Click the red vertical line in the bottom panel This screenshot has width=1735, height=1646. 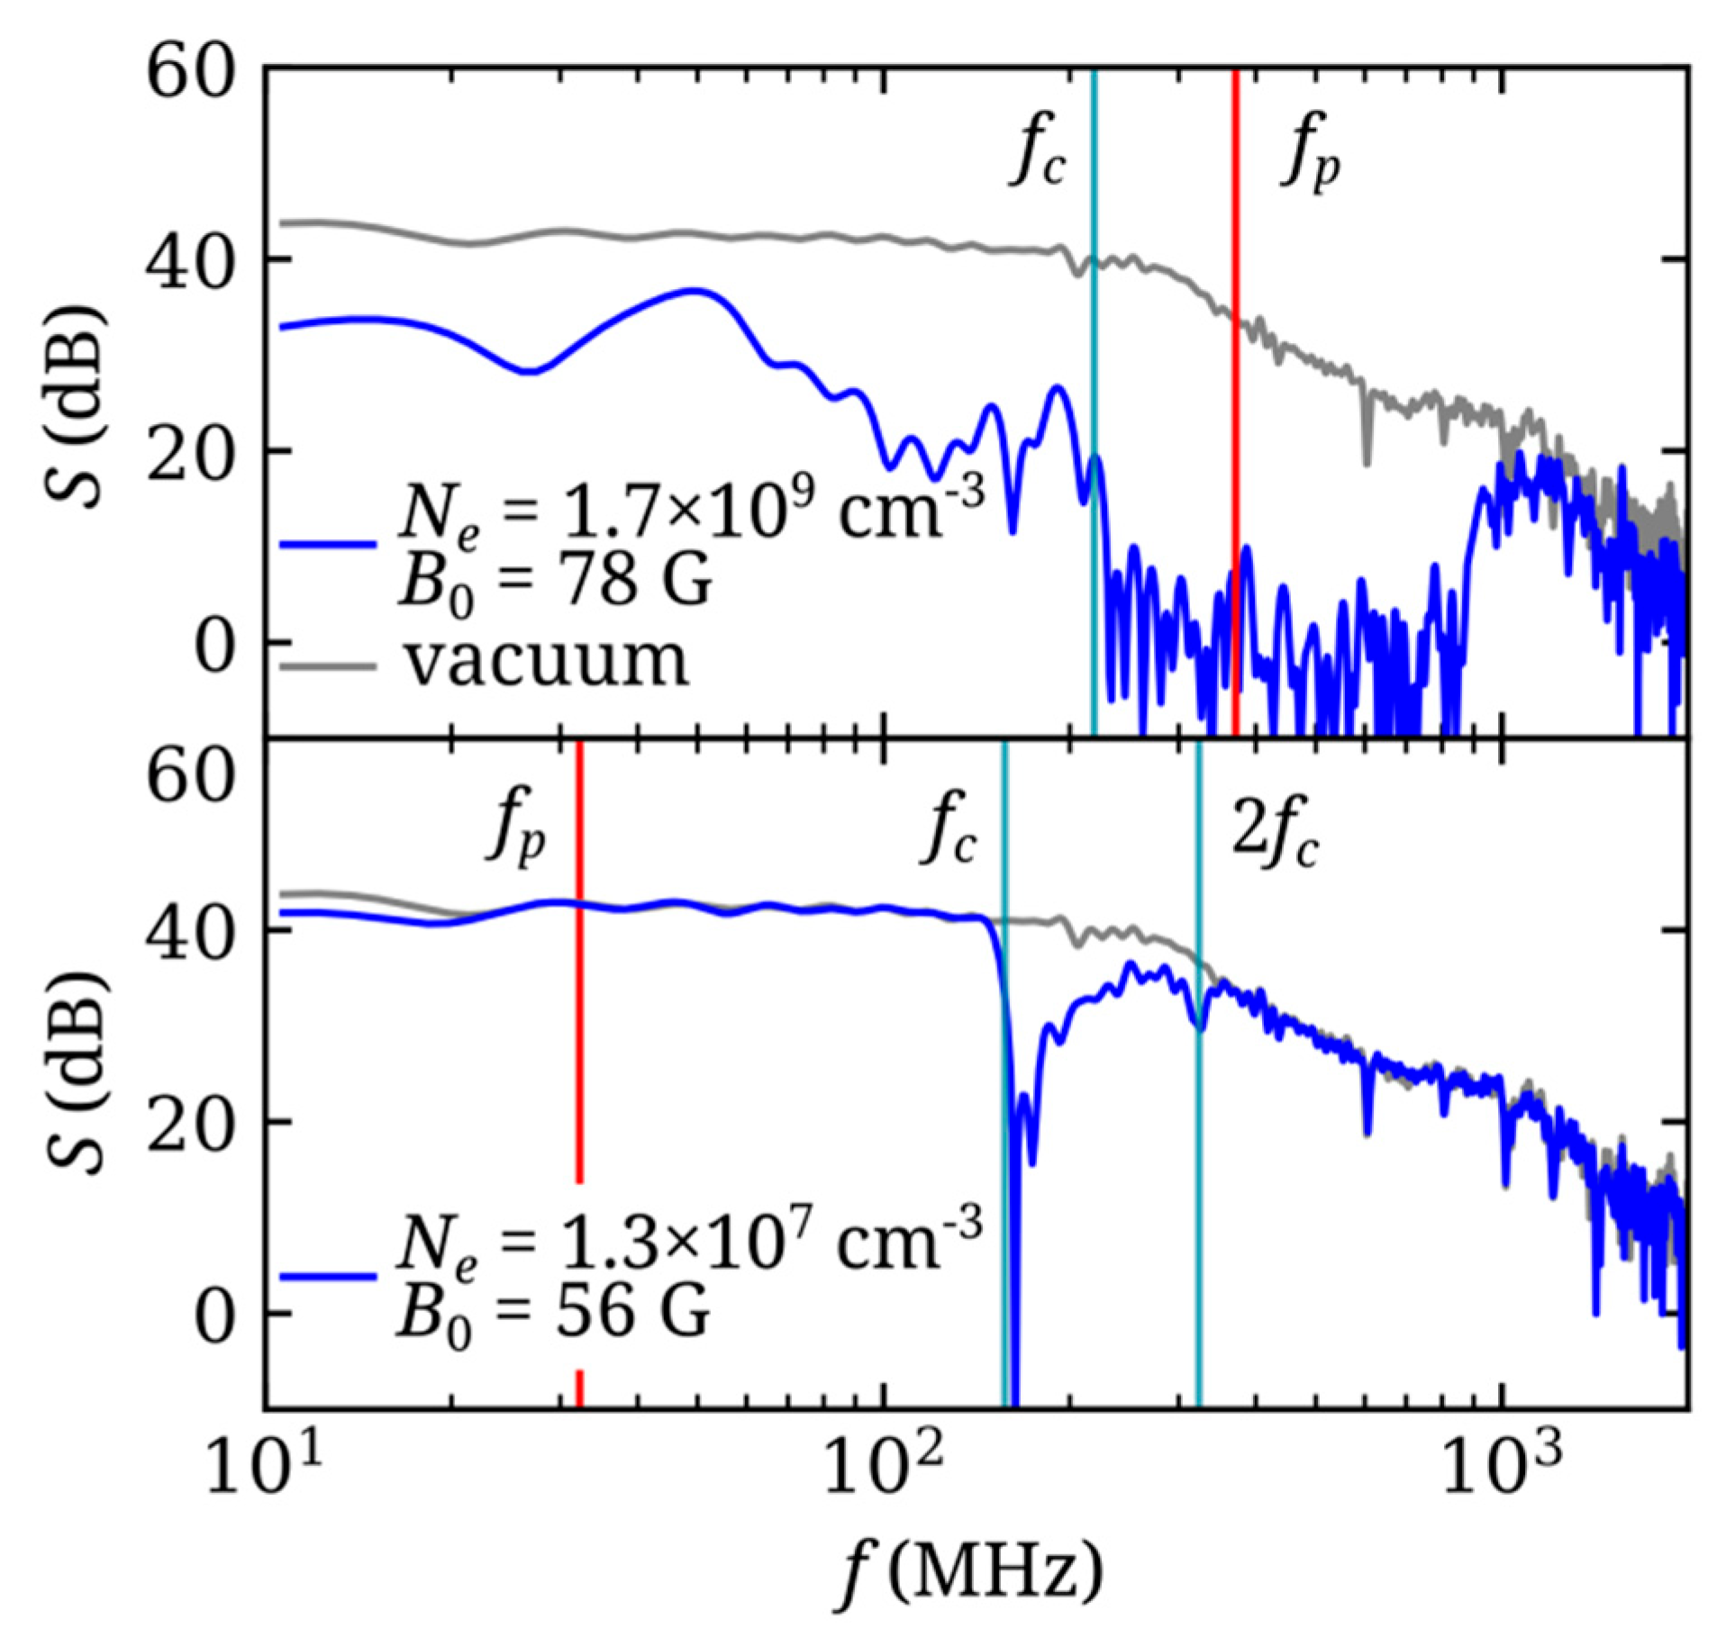click(579, 1036)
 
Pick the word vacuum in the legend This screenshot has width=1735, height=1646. click(546, 663)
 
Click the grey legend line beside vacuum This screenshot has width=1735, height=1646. click(328, 666)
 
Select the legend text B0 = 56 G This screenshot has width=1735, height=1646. click(553, 1316)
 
